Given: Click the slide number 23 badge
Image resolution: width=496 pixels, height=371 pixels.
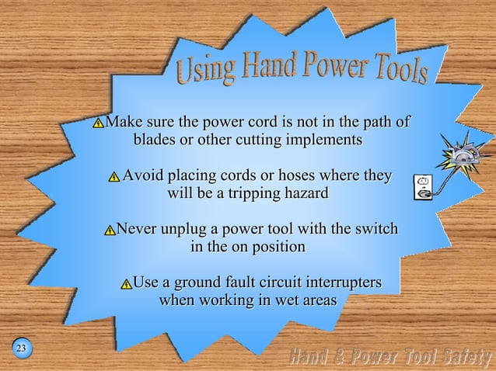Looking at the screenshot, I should [22, 347].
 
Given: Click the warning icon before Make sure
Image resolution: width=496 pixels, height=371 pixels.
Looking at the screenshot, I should [98, 123].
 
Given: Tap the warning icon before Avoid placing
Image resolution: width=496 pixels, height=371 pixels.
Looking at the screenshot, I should [114, 177].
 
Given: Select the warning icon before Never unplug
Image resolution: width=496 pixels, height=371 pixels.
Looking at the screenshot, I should [109, 231].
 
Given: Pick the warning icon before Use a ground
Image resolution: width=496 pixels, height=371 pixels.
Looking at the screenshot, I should [125, 283].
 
